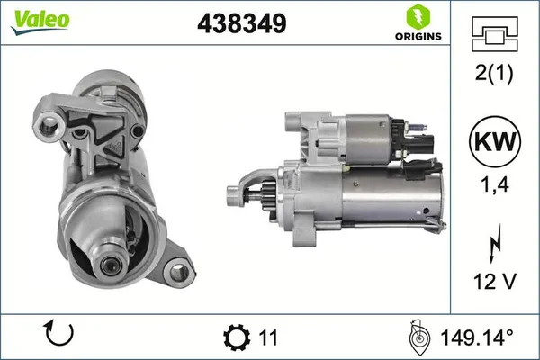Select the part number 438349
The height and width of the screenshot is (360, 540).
[x=241, y=24]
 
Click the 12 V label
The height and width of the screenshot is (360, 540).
[x=495, y=283]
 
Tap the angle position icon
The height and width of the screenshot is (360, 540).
[x=418, y=337]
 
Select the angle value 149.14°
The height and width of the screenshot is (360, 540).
[x=476, y=337]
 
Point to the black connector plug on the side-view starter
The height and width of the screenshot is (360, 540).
[x=421, y=143]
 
